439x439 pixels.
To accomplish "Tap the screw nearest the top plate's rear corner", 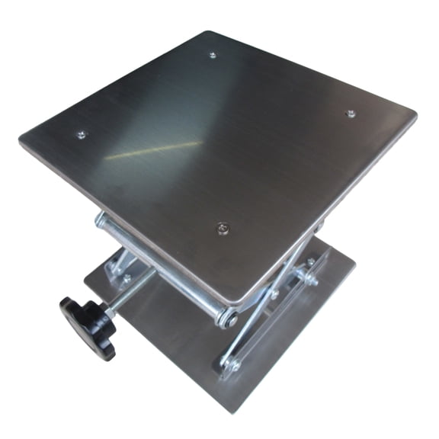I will tap(212, 55).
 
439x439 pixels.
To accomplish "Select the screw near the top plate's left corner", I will tap(81, 136).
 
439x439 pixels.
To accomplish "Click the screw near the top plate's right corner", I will tap(350, 114).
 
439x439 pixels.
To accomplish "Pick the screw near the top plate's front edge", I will tap(222, 226).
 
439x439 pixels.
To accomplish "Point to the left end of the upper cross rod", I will tap(101, 221).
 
